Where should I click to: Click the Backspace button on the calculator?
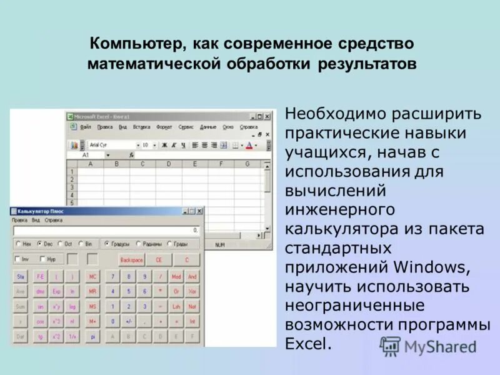[x=131, y=260]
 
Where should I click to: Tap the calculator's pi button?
[x=92, y=337]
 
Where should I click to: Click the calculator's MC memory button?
[x=92, y=276]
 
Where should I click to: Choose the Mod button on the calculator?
[x=176, y=276]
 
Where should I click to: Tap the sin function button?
[x=40, y=306]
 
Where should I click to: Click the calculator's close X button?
[x=200, y=211]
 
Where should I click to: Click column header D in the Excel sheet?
[x=169, y=164]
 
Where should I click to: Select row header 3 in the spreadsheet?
[x=72, y=187]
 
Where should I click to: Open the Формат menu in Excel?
[x=164, y=126]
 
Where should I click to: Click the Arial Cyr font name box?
[x=110, y=145]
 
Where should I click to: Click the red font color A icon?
[x=249, y=145]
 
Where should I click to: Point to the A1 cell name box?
[x=86, y=154]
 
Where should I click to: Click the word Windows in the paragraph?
[x=431, y=267]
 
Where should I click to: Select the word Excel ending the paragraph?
[x=307, y=344]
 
